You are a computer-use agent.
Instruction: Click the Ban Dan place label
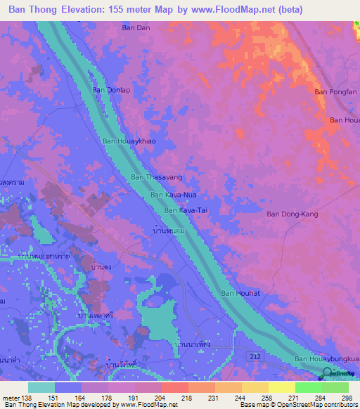pos(136,28)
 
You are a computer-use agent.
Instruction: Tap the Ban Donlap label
pos(111,91)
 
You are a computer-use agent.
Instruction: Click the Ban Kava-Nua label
pos(172,195)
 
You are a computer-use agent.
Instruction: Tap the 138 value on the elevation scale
pos(26,398)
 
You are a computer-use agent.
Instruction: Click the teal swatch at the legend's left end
pos(41,387)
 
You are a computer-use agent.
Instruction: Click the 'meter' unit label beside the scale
pos(10,398)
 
